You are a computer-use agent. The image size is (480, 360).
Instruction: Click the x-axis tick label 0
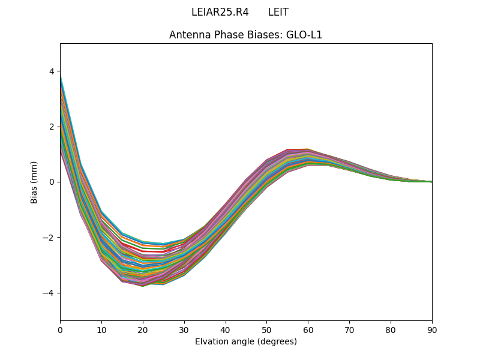point(60,329)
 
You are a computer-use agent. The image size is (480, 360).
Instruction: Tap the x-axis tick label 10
point(101,329)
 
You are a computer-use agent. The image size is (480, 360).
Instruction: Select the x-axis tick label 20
point(143,329)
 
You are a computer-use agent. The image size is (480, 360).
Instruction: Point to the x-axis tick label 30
point(184,329)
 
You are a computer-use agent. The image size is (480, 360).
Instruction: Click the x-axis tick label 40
point(226,329)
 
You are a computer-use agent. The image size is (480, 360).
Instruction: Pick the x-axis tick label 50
point(266,329)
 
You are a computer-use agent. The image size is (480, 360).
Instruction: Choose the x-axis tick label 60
point(308,329)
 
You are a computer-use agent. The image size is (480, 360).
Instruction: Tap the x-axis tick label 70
point(349,329)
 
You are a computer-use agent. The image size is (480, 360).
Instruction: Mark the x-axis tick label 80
point(391,329)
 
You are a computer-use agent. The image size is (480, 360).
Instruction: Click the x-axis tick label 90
point(432,329)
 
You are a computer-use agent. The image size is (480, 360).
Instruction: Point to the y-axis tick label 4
point(52,71)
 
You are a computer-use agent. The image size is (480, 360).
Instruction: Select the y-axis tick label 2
point(52,127)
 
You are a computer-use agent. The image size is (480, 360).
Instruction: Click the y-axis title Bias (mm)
point(34,182)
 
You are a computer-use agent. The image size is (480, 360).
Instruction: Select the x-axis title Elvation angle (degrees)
point(246,341)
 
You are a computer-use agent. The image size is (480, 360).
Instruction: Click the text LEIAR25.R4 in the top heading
point(220,12)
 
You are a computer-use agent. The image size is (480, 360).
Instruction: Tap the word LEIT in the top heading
point(278,12)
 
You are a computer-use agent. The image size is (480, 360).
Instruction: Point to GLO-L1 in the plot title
point(304,35)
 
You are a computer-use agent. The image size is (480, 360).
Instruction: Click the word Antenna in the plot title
point(188,35)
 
